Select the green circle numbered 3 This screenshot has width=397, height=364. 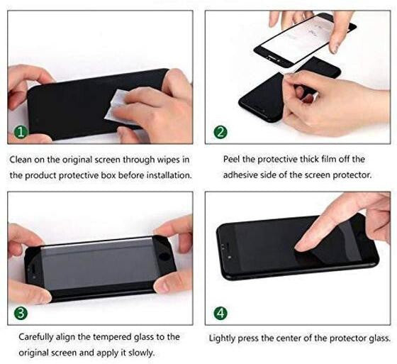[21, 311]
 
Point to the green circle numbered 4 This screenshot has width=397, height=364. [221, 311]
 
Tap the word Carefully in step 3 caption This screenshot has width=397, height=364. [39, 337]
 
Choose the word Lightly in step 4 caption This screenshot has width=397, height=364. [225, 338]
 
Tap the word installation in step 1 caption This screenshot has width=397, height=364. [166, 175]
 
